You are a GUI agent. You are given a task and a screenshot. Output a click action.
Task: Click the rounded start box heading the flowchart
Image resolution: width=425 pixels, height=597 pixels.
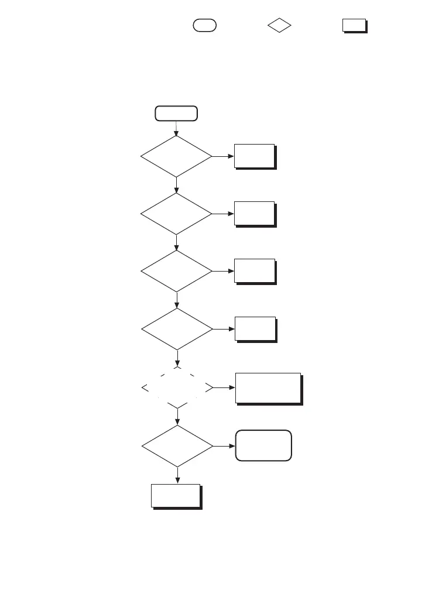[x=176, y=113]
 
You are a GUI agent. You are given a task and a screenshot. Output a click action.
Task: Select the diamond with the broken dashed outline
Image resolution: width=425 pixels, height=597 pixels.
[x=177, y=387]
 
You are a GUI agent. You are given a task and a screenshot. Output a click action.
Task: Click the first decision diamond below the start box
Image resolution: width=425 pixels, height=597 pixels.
[x=176, y=156]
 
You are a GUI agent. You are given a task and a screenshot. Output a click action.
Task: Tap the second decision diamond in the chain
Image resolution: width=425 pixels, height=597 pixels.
[x=176, y=214]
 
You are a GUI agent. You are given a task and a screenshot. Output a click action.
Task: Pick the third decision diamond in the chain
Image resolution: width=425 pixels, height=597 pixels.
[x=176, y=271]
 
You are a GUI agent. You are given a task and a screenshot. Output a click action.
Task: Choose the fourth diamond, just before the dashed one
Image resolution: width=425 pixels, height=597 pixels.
[x=177, y=329]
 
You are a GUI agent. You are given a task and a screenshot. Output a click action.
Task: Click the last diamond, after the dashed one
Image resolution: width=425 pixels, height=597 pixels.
[x=177, y=446]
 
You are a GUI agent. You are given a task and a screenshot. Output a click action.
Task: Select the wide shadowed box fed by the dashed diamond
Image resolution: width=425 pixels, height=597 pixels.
[x=268, y=387]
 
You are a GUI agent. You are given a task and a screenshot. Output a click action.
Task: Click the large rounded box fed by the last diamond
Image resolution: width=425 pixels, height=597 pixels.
[x=263, y=445]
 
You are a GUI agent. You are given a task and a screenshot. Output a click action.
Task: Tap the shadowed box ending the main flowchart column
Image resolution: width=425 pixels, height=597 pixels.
[x=176, y=496]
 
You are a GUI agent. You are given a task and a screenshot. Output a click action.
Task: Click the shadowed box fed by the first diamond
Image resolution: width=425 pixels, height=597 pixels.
[x=255, y=156]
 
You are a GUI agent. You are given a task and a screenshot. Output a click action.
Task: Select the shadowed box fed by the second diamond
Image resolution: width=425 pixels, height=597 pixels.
[x=255, y=214]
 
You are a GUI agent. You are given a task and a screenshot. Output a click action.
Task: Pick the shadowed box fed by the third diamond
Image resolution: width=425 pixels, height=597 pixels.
[x=255, y=271]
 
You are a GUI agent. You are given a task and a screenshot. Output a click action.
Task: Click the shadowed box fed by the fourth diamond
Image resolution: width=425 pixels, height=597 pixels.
[x=255, y=329]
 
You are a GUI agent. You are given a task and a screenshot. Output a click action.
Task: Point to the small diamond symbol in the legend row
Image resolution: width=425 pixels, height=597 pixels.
[x=280, y=26]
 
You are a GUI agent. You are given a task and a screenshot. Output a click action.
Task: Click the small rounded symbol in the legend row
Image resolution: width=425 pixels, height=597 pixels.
[x=205, y=25]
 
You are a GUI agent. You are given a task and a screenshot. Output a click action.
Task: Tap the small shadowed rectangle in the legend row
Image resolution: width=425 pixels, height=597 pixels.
[x=354, y=25]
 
